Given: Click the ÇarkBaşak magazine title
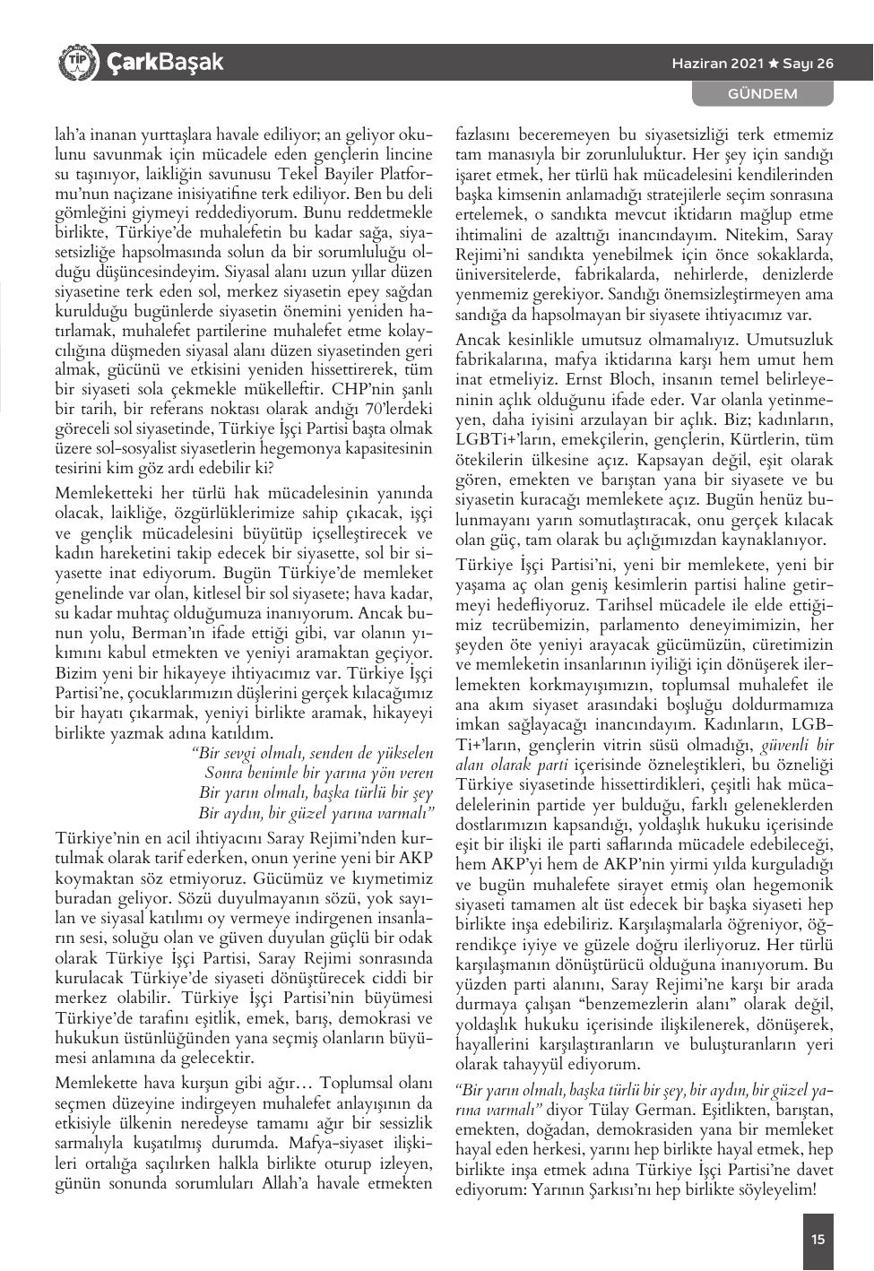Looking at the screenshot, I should [163, 63].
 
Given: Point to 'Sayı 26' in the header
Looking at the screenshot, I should [808, 64].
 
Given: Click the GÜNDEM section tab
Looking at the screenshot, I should [762, 93].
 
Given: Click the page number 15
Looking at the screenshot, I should [818, 1240].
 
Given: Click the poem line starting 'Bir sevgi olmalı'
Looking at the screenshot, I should [313, 753].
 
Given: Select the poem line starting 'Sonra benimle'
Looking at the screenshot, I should [318, 773].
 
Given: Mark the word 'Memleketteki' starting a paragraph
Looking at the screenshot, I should [100, 492].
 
